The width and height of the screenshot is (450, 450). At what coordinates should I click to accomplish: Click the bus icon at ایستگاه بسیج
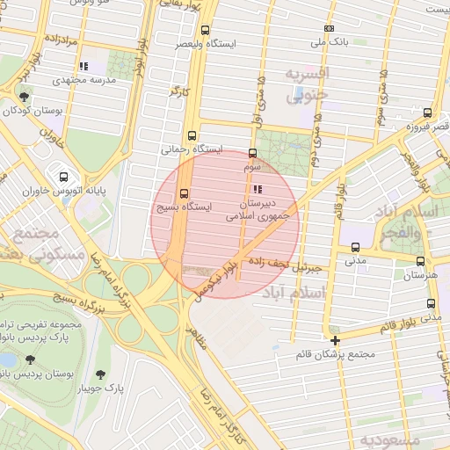coord(184,193)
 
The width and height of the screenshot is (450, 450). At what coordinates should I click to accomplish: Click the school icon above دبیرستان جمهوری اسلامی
coord(257,189)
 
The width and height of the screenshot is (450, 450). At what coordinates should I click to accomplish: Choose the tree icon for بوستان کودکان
coord(24,98)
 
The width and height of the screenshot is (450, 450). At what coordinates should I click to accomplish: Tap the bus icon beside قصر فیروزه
coord(427,112)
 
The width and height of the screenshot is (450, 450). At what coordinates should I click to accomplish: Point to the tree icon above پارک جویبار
coord(110,374)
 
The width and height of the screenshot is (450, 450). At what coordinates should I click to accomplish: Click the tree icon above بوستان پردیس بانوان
coord(32,359)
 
